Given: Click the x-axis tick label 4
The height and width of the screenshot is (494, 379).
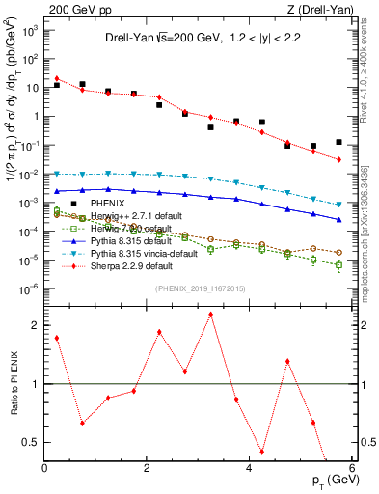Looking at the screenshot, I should [x=249, y=468].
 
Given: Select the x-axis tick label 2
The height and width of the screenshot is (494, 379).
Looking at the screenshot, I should [x=147, y=468].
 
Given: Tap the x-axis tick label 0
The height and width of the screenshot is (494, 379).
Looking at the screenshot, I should [x=45, y=468].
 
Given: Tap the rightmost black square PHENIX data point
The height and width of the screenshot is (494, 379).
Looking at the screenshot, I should [x=338, y=142].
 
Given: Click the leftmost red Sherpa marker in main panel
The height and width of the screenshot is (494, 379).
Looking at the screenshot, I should [x=58, y=78].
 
